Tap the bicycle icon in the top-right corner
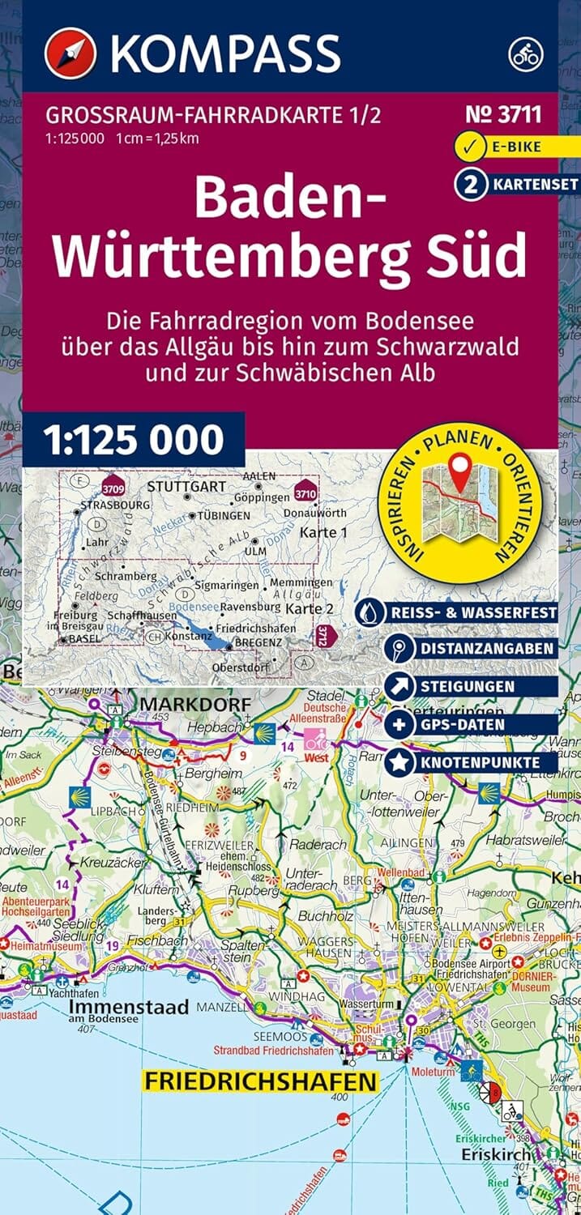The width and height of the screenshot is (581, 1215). pos(525,53)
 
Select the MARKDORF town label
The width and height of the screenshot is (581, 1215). pos(195,705)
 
